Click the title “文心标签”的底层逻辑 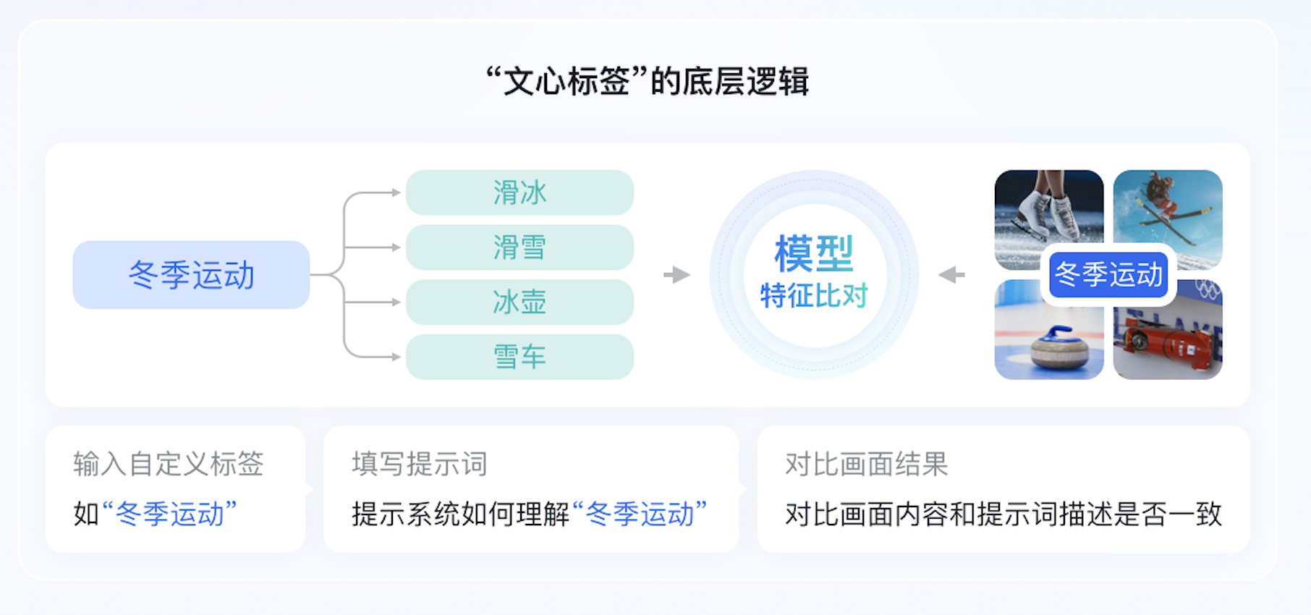tap(647, 81)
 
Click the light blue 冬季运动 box tap(191, 275)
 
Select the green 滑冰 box tap(519, 192)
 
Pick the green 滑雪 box tap(519, 247)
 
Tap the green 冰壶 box tap(519, 302)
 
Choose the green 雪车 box tap(519, 357)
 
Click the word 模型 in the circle tap(814, 253)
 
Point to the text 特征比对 tap(814, 295)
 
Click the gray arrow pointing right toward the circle tap(676, 275)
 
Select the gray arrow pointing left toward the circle tap(951, 275)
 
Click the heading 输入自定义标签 tap(168, 464)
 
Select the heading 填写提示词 tap(420, 464)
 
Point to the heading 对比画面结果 tap(866, 464)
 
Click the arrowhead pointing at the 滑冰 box tap(396, 192)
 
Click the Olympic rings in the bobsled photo tap(1207, 289)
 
